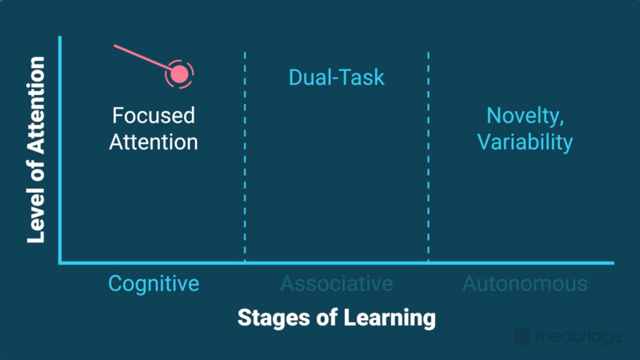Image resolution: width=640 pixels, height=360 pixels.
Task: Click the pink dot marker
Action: (x=180, y=74)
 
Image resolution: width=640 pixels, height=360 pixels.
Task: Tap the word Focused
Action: (x=154, y=116)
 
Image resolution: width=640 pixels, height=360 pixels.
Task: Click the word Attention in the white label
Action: (x=154, y=142)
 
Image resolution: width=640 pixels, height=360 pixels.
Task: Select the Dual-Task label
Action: (x=336, y=78)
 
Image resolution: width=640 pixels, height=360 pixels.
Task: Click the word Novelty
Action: (x=526, y=116)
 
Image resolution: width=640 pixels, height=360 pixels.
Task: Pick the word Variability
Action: (x=526, y=142)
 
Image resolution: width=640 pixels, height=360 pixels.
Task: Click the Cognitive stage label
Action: (x=154, y=283)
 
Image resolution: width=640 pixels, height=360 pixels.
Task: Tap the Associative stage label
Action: (x=336, y=283)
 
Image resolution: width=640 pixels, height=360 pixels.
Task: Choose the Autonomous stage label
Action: (x=525, y=283)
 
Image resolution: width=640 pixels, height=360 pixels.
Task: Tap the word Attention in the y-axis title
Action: (x=36, y=111)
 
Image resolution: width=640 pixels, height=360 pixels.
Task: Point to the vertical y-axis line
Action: (x=60, y=152)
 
